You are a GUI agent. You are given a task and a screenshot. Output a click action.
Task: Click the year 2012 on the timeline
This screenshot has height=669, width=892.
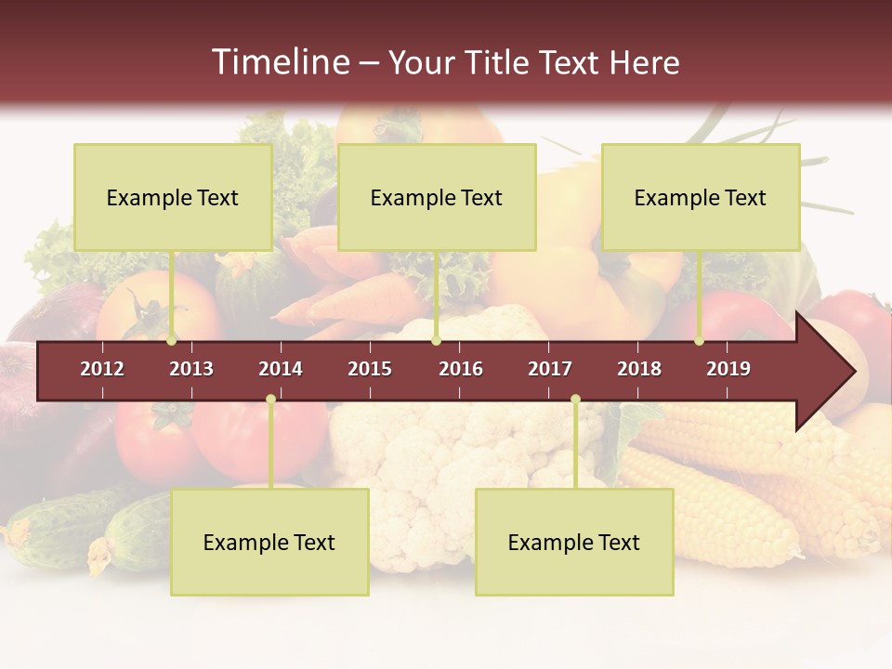click(102, 369)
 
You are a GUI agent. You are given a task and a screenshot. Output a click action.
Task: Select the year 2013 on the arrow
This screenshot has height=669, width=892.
click(191, 369)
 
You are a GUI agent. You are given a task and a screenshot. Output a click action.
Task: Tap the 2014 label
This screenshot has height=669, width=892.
click(281, 369)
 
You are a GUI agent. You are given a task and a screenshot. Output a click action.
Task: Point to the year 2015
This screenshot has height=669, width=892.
click(370, 369)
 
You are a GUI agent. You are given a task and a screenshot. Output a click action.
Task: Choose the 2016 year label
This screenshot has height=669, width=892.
click(461, 369)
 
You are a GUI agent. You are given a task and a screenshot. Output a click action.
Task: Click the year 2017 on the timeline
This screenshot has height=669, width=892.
click(550, 369)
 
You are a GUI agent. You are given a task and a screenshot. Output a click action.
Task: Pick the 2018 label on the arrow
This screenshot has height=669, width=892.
click(639, 369)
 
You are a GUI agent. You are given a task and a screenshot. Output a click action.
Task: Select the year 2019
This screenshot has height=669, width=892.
click(728, 369)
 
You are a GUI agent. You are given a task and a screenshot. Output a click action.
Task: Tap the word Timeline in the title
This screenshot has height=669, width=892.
click(278, 62)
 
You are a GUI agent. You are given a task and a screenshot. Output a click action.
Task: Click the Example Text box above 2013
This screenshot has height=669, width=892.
click(173, 197)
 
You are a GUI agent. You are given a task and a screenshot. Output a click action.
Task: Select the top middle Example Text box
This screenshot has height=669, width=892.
click(437, 197)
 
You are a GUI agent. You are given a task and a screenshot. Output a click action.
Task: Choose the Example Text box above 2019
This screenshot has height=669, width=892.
click(701, 197)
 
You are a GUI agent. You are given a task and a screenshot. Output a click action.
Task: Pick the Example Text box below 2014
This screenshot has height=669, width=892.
click(269, 542)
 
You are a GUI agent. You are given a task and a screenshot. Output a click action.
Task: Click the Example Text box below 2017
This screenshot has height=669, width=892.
click(574, 542)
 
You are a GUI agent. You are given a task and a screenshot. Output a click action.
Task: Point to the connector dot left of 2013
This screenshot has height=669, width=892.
click(172, 341)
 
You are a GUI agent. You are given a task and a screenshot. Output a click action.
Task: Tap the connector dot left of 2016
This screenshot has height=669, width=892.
click(436, 341)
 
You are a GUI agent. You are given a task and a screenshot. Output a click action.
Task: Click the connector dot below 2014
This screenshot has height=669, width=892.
click(270, 400)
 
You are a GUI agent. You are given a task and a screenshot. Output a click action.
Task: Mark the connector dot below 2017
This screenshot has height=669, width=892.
click(575, 400)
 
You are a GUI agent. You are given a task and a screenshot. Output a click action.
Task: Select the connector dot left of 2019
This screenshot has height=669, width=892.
click(699, 341)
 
